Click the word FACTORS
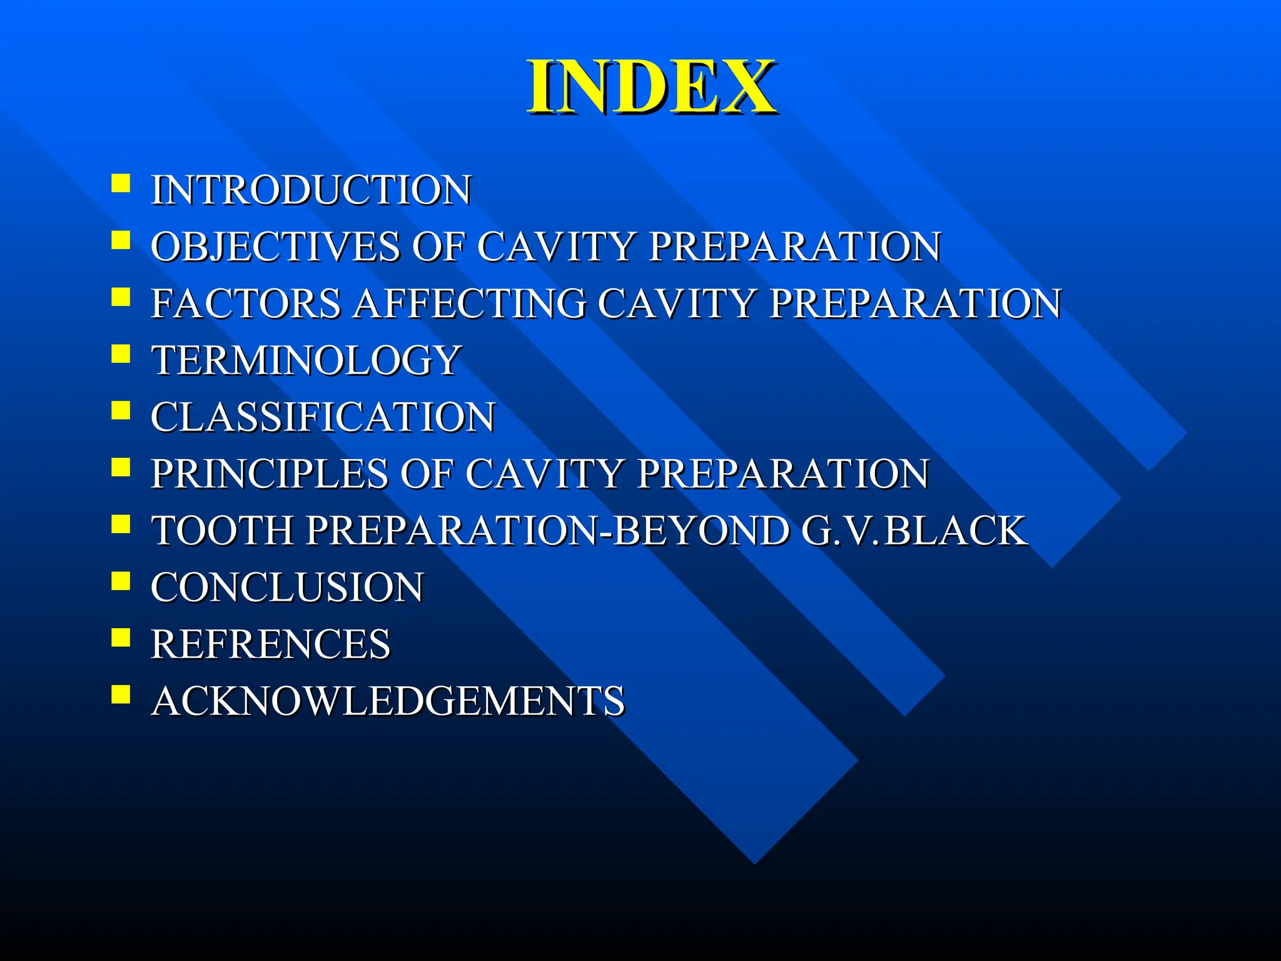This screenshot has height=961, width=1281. click(246, 303)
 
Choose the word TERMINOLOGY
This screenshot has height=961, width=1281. click(306, 360)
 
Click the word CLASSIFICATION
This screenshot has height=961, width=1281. click(323, 417)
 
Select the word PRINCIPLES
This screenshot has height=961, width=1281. click(269, 474)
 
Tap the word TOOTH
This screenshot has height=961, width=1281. click(223, 531)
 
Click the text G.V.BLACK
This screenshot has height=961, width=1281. click(913, 531)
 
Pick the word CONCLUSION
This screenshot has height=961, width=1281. click(287, 587)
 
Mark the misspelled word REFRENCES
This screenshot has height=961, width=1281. click(270, 644)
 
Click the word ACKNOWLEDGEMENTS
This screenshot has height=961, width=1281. click(388, 701)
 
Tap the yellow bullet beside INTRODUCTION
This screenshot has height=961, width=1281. click(121, 183)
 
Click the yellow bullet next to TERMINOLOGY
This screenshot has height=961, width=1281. click(121, 354)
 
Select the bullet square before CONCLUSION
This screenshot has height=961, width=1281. click(121, 581)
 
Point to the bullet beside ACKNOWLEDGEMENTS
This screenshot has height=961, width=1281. click(121, 694)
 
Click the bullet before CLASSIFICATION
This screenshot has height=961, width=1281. click(121, 410)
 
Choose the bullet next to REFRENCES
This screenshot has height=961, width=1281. click(121, 638)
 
